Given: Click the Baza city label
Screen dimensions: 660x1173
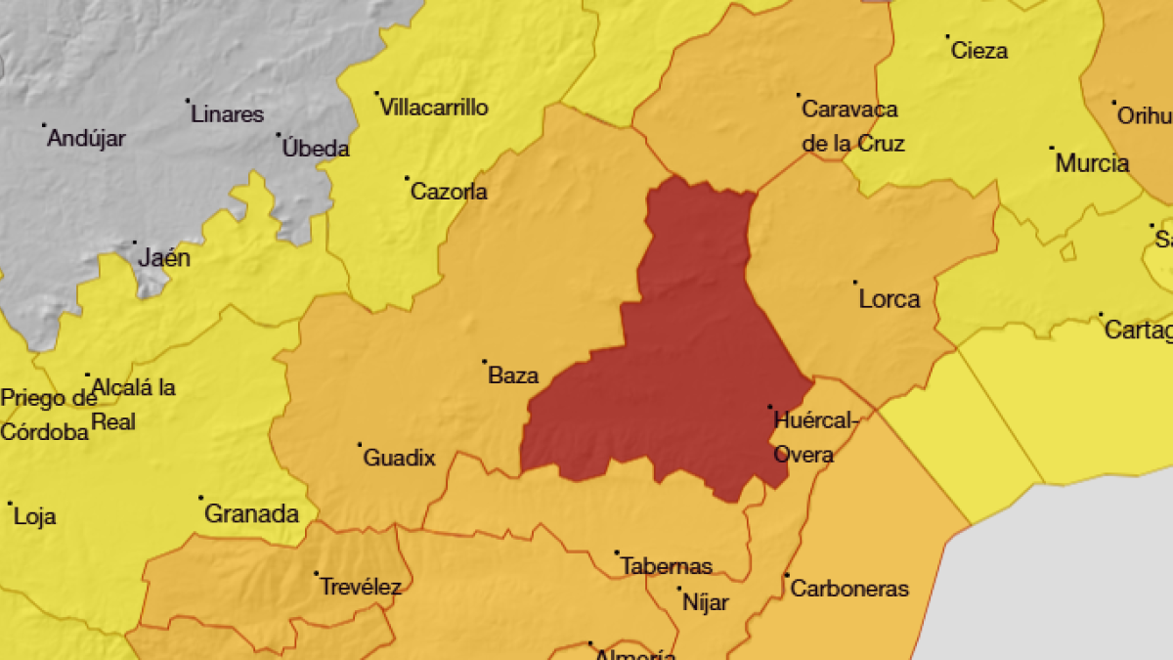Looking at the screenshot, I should click(x=513, y=375).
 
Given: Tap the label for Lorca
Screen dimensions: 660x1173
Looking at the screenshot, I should click(x=889, y=299).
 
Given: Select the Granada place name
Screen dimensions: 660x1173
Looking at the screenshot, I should click(x=251, y=513).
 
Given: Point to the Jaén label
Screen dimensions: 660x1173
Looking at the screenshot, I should click(x=164, y=259).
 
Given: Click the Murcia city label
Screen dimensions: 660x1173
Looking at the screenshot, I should click(x=1092, y=163).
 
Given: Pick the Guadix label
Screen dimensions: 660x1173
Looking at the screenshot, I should click(x=399, y=458).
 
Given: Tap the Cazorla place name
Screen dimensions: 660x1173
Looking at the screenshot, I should click(x=449, y=192).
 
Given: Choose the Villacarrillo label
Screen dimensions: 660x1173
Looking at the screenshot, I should click(x=434, y=108).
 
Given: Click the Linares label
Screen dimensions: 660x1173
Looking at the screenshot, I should click(x=228, y=114).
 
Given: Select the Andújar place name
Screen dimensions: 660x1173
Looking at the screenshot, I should click(x=87, y=139).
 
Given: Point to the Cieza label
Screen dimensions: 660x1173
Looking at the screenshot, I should click(x=979, y=51).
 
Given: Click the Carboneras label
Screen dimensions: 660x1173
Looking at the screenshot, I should click(x=849, y=589).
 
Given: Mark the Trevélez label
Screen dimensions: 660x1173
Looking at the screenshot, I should click(x=361, y=588).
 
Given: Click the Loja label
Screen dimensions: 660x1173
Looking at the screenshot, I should click(x=35, y=517).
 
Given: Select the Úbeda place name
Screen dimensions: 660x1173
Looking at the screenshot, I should click(x=316, y=150).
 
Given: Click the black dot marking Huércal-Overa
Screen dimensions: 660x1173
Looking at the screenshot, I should click(x=769, y=407).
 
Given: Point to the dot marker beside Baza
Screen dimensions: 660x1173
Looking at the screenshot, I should click(x=484, y=362).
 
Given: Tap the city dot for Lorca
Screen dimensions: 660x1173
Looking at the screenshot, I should click(x=855, y=283).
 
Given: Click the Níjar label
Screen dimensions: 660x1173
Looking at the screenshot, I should click(x=705, y=602).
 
